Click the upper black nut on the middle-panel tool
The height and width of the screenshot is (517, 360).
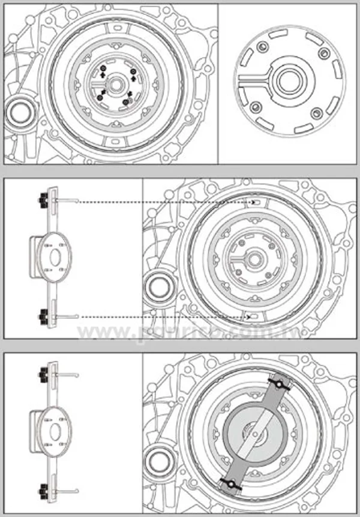[x=44, y=198]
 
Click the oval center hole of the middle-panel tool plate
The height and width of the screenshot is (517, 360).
[x=54, y=255]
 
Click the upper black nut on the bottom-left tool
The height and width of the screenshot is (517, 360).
[x=44, y=373]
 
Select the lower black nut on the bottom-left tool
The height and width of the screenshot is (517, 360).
[x=44, y=488]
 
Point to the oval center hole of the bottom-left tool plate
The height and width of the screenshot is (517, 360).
[x=54, y=431]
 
